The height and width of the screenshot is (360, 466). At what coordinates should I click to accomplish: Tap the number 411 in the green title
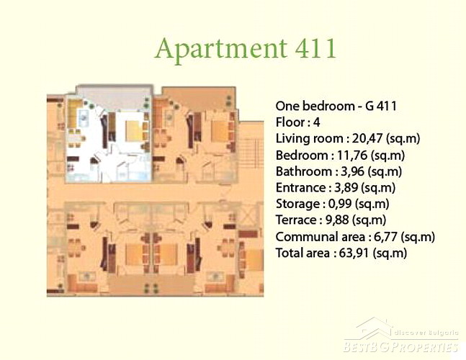pyautogui.click(x=315, y=48)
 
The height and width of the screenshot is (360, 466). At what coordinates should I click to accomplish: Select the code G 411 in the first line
pyautogui.click(x=381, y=106)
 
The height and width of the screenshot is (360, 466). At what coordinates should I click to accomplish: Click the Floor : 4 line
pyautogui.click(x=297, y=122)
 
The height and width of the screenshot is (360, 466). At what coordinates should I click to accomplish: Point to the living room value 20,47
pyautogui.click(x=367, y=139)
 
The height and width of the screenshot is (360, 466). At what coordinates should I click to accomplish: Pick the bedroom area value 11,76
pyautogui.click(x=353, y=156)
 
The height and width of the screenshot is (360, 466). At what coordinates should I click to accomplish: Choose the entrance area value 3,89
pyautogui.click(x=345, y=188)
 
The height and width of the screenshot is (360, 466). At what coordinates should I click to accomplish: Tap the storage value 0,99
pyautogui.click(x=340, y=204)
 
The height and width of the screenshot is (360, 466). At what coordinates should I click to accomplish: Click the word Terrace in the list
pyautogui.click(x=297, y=220)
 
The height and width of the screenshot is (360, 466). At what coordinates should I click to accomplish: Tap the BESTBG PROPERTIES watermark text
pyautogui.click(x=400, y=347)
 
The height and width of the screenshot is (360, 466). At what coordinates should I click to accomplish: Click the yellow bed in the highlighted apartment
pyautogui.click(x=134, y=131)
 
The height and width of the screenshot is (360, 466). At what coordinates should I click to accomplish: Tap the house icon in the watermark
pyautogui.click(x=375, y=328)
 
